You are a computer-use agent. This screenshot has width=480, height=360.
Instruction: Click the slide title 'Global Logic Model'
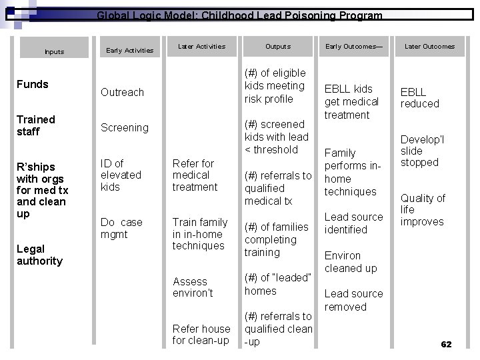point(239,15)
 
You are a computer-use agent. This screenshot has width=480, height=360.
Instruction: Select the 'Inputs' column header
point(54,51)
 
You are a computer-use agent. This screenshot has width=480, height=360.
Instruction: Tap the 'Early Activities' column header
point(130,50)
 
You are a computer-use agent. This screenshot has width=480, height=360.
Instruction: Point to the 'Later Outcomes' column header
point(429,47)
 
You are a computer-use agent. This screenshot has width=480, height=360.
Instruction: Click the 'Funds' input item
point(33,84)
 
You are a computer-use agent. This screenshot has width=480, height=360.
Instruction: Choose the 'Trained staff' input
point(36,125)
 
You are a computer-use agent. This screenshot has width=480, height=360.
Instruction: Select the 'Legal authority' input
point(39,255)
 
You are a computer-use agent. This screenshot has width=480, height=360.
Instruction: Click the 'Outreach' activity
point(122,92)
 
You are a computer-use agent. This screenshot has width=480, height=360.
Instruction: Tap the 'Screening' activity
point(124,127)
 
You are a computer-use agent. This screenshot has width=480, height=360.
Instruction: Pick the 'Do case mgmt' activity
point(121,228)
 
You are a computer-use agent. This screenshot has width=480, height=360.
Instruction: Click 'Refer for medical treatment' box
point(195,175)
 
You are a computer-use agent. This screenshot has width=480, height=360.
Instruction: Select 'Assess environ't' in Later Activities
point(193,287)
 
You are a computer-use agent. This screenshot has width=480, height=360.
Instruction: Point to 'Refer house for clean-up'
point(201,335)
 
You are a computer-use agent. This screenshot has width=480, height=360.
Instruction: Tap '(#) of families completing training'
point(276,239)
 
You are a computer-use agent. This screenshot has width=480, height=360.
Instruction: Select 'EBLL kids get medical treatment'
point(351,101)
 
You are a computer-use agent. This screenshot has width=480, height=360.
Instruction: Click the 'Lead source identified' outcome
point(353,223)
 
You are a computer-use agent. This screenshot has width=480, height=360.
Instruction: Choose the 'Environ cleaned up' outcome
point(351,261)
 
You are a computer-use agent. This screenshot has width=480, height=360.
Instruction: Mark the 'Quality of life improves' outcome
point(423,210)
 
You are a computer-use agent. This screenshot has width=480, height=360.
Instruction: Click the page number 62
point(446,344)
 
